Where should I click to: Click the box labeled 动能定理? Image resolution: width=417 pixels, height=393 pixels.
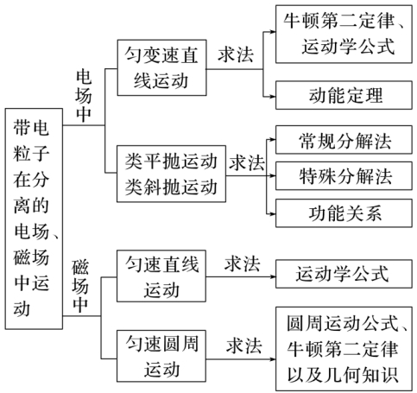point(344,95)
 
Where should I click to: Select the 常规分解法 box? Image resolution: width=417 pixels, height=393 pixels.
point(344,140)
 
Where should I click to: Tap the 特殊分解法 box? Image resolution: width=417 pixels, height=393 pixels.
point(344,176)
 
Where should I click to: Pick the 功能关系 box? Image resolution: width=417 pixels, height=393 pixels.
point(344,213)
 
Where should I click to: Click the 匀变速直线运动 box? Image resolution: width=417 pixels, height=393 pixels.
point(161,67)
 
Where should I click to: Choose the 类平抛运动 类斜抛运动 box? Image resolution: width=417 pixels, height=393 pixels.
point(171,174)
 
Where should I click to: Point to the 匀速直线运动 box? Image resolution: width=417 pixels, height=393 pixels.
point(161,276)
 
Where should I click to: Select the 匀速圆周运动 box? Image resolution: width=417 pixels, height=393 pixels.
point(161,356)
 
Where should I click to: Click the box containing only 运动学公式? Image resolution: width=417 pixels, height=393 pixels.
point(344,274)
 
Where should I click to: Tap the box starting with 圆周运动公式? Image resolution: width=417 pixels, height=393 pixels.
point(344,349)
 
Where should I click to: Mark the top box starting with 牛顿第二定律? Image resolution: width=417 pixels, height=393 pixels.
point(344,34)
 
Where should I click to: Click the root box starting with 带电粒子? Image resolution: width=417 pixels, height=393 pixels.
point(34,219)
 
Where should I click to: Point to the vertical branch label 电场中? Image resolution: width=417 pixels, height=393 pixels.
point(84,96)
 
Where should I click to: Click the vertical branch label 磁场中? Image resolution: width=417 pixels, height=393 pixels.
point(80,286)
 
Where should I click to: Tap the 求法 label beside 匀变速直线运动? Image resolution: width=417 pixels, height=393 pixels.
point(236,54)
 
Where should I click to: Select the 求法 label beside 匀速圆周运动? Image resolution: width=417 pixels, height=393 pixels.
point(243,345)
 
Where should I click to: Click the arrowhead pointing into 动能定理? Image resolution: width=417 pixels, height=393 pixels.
point(273,97)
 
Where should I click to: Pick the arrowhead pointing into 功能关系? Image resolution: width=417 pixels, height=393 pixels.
point(273,214)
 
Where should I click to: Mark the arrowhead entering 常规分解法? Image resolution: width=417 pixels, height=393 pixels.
point(273,140)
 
